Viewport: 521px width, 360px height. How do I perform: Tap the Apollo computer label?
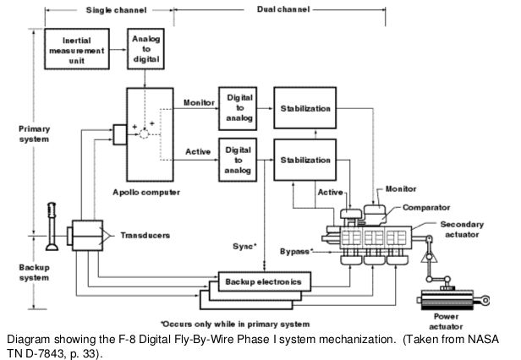point(146,193)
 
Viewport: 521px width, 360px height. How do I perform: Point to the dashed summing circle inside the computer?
point(144,134)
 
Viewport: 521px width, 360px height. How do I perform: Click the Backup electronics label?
point(264,281)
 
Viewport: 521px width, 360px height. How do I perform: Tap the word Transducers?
point(145,236)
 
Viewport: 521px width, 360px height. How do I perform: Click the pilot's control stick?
point(52,226)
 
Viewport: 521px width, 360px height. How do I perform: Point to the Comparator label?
point(426,208)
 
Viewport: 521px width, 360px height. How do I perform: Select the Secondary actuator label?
point(462,229)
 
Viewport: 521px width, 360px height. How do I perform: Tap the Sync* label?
point(245,246)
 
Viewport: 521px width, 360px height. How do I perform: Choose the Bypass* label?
point(296,251)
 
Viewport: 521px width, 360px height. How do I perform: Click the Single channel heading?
point(117,10)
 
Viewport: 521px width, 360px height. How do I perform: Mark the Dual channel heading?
point(283,9)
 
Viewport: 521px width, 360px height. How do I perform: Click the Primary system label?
point(34,134)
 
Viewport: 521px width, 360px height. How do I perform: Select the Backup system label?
point(34,272)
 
